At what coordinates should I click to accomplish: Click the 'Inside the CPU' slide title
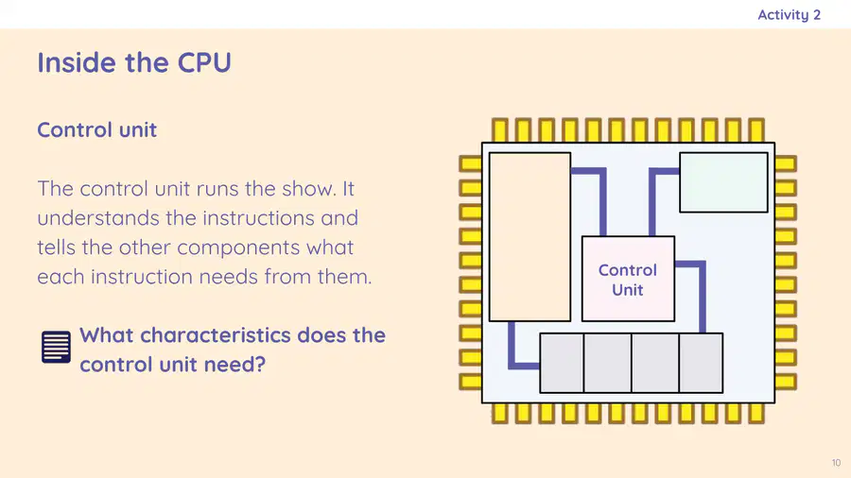[x=134, y=62]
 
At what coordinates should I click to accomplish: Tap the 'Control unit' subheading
[x=97, y=130]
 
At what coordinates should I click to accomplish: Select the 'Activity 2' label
[x=790, y=14]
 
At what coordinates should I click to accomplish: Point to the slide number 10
[x=836, y=463]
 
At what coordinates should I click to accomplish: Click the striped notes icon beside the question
[x=56, y=347]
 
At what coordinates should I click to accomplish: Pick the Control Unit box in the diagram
[x=628, y=279]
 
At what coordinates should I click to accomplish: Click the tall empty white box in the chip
[x=530, y=237]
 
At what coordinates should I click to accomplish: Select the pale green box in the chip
[x=723, y=182]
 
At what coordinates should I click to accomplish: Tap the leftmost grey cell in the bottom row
[x=562, y=363]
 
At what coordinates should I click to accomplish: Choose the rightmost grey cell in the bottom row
[x=701, y=363]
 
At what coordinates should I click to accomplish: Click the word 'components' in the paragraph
[x=238, y=248]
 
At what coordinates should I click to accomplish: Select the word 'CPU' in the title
[x=204, y=62]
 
